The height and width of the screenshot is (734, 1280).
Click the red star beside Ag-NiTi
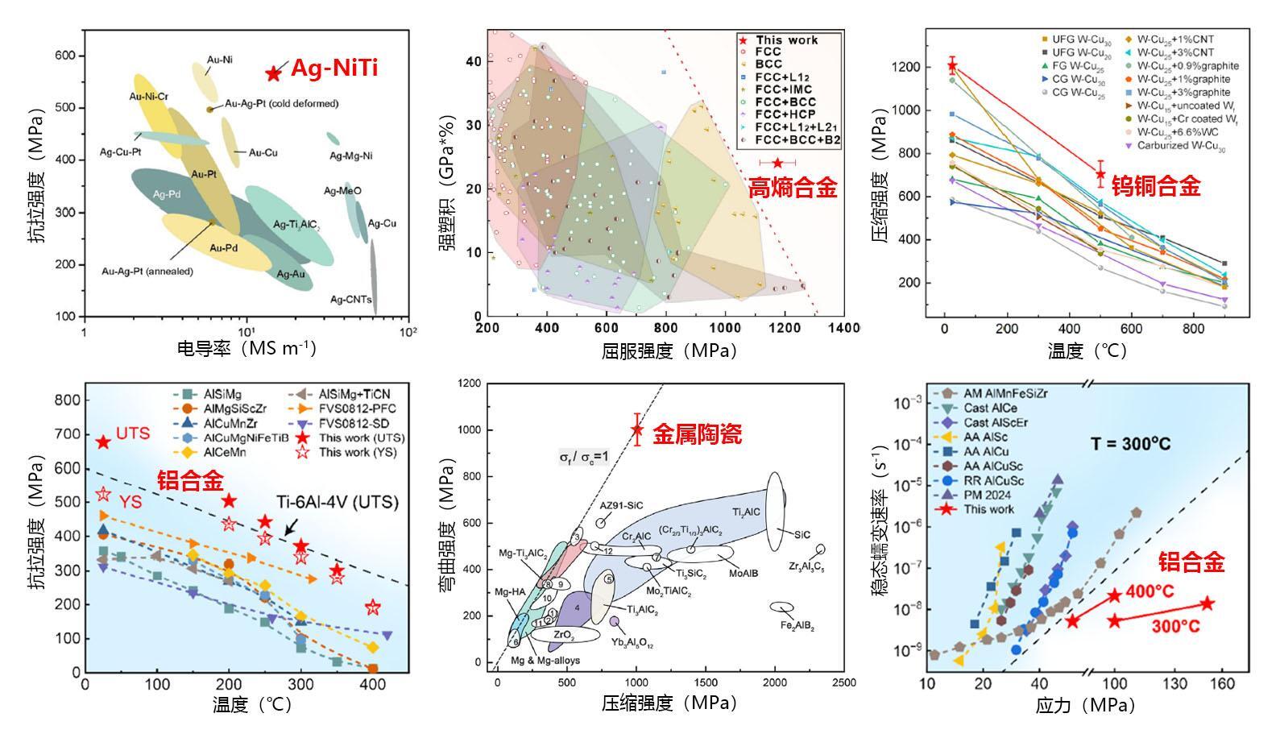tap(273, 73)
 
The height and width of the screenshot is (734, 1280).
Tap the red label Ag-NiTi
tap(333, 68)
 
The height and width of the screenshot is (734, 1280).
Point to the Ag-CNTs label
tap(350, 300)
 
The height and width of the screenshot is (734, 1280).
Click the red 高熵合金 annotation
tap(793, 189)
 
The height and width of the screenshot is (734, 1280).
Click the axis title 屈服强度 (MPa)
tap(669, 350)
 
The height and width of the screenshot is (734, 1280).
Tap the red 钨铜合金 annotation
tap(1156, 187)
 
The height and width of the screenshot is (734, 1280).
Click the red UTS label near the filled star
tap(133, 433)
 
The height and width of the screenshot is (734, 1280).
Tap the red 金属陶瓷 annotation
tap(697, 434)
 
